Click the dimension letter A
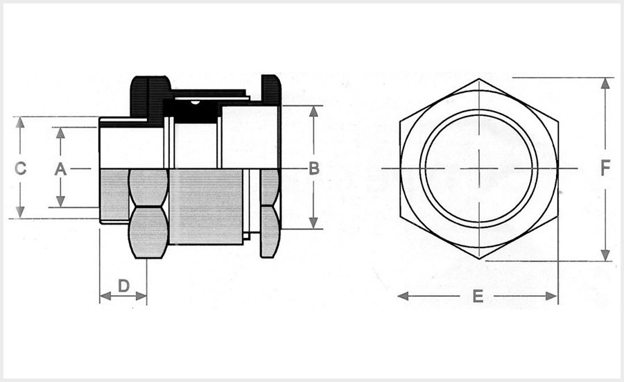60,169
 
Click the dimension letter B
314,168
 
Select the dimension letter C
20,168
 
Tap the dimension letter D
124,286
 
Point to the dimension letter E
478,296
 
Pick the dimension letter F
605,168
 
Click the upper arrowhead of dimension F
605,83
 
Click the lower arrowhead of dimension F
605,255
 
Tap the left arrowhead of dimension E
403,296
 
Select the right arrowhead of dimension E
552,296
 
